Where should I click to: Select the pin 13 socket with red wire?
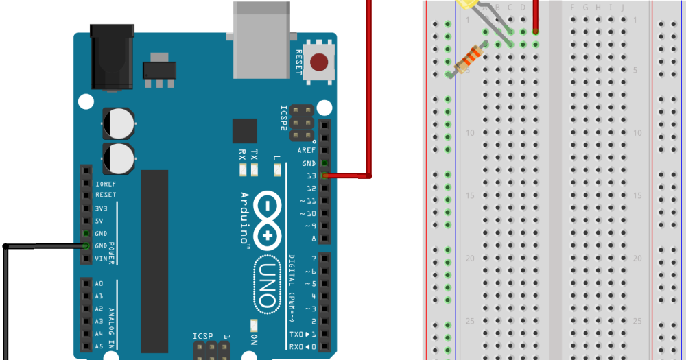click(324, 176)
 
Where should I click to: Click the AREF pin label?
click(307, 150)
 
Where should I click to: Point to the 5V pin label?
click(99, 221)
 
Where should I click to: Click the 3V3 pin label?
click(100, 208)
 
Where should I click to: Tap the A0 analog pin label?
click(99, 283)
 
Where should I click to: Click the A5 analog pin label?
click(99, 346)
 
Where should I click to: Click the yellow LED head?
click(467, 3)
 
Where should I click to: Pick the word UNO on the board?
click(268, 285)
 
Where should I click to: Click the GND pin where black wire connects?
click(86, 245)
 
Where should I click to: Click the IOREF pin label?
click(106, 183)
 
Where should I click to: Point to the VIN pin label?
click(100, 259)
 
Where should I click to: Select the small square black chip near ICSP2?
click(244, 131)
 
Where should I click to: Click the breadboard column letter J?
click(623, 8)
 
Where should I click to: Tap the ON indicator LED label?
click(254, 340)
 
